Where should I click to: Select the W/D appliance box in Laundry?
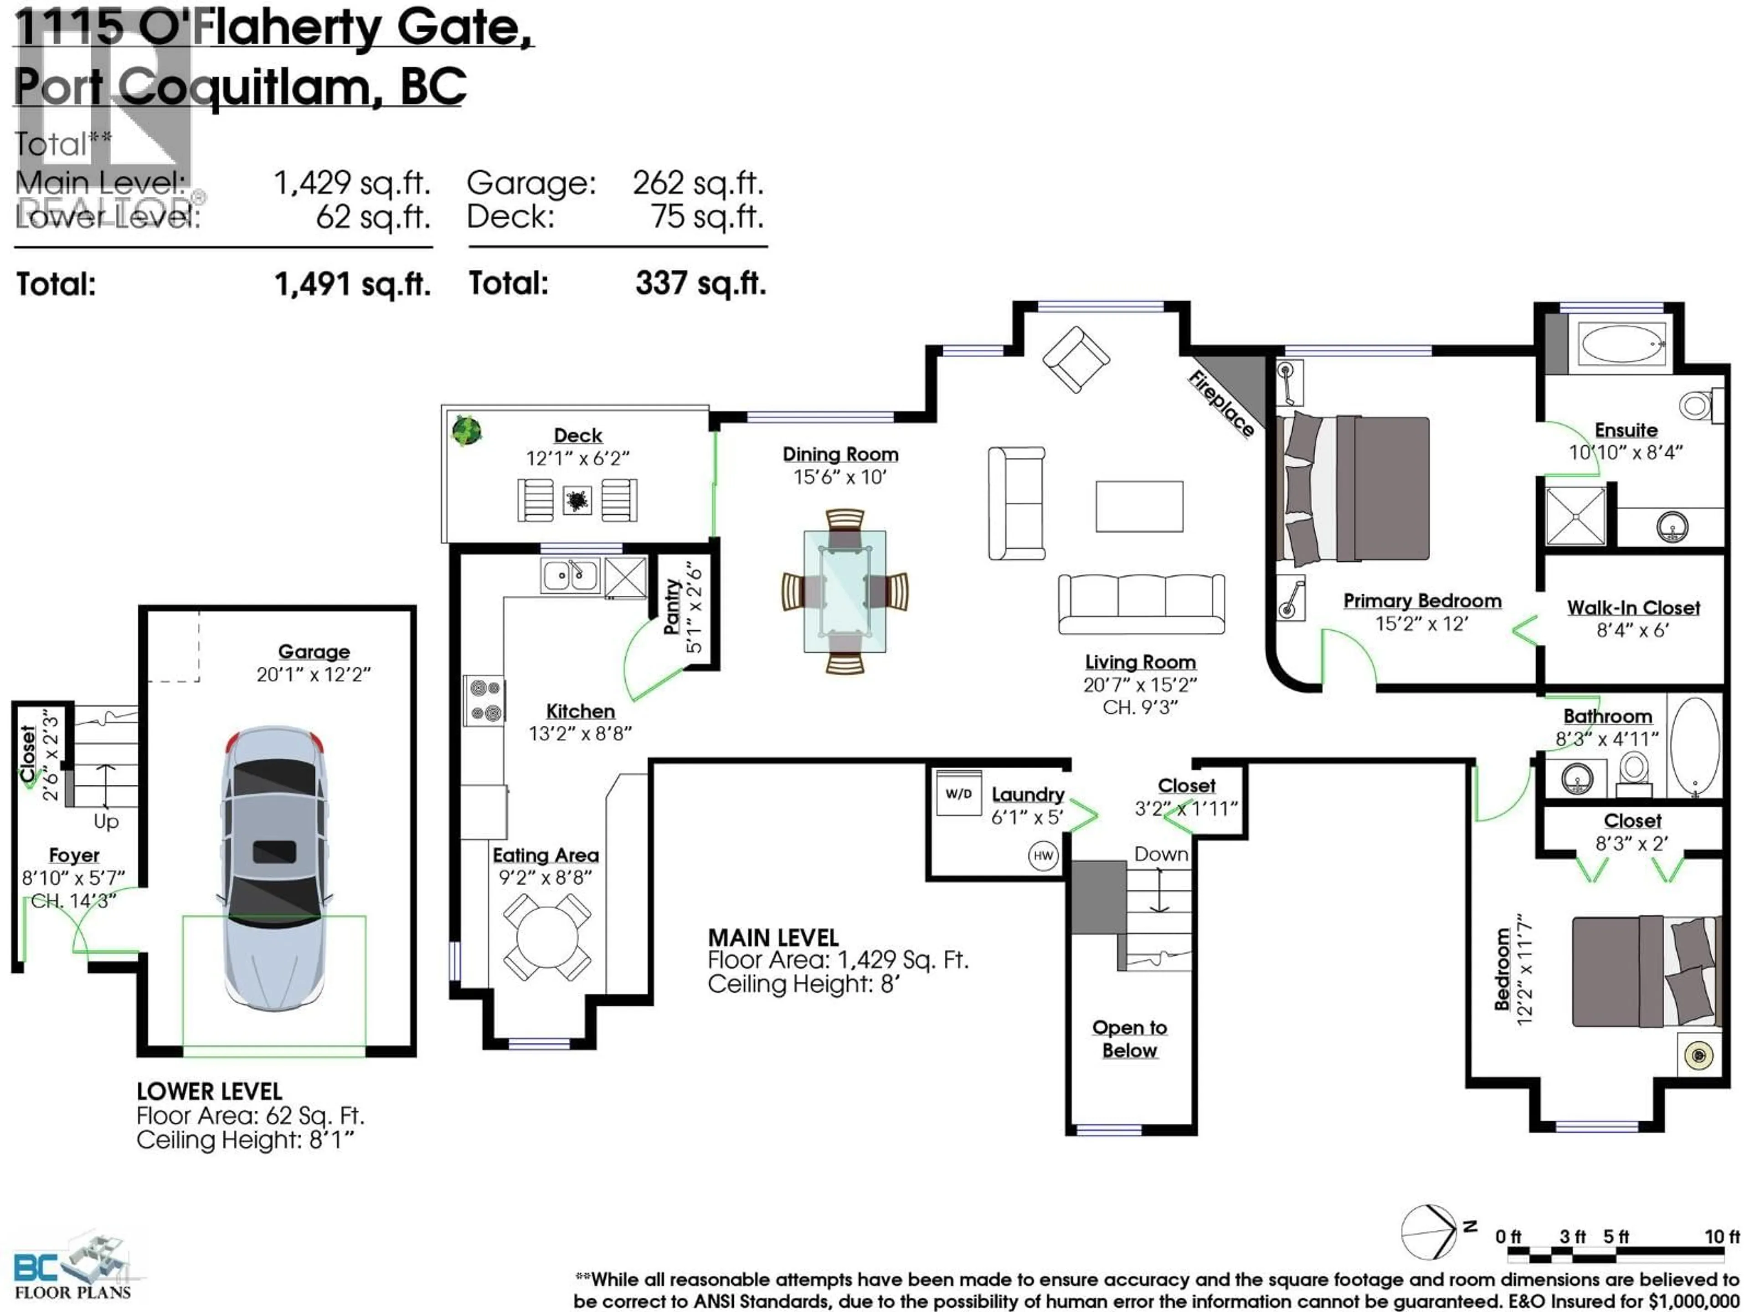[x=958, y=793]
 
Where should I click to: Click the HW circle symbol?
[x=1043, y=856]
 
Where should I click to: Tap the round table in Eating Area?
[x=546, y=937]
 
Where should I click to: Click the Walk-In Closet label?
[x=1633, y=607]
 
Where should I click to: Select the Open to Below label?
[x=1129, y=1038]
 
